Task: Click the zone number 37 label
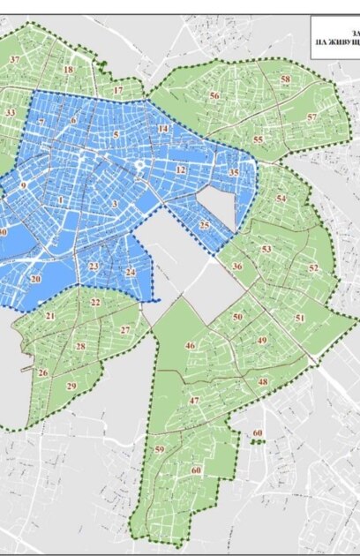pos(15,60)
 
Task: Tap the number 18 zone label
pos(68,70)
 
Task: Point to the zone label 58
pos(285,79)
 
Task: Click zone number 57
pos(311,117)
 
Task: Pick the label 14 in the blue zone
pos(162,130)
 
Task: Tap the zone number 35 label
pos(233,173)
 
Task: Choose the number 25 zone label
pos(204,226)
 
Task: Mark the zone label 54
pos(281,199)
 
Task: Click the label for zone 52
pos(313,267)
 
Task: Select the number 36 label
pos(237,267)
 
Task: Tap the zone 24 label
pos(130,272)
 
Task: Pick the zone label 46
pos(190,345)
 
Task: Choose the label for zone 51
pos(300,318)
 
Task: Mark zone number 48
pos(263,381)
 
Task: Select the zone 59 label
pos(160,450)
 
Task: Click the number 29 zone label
pos(71,387)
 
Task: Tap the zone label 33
pos(10,114)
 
